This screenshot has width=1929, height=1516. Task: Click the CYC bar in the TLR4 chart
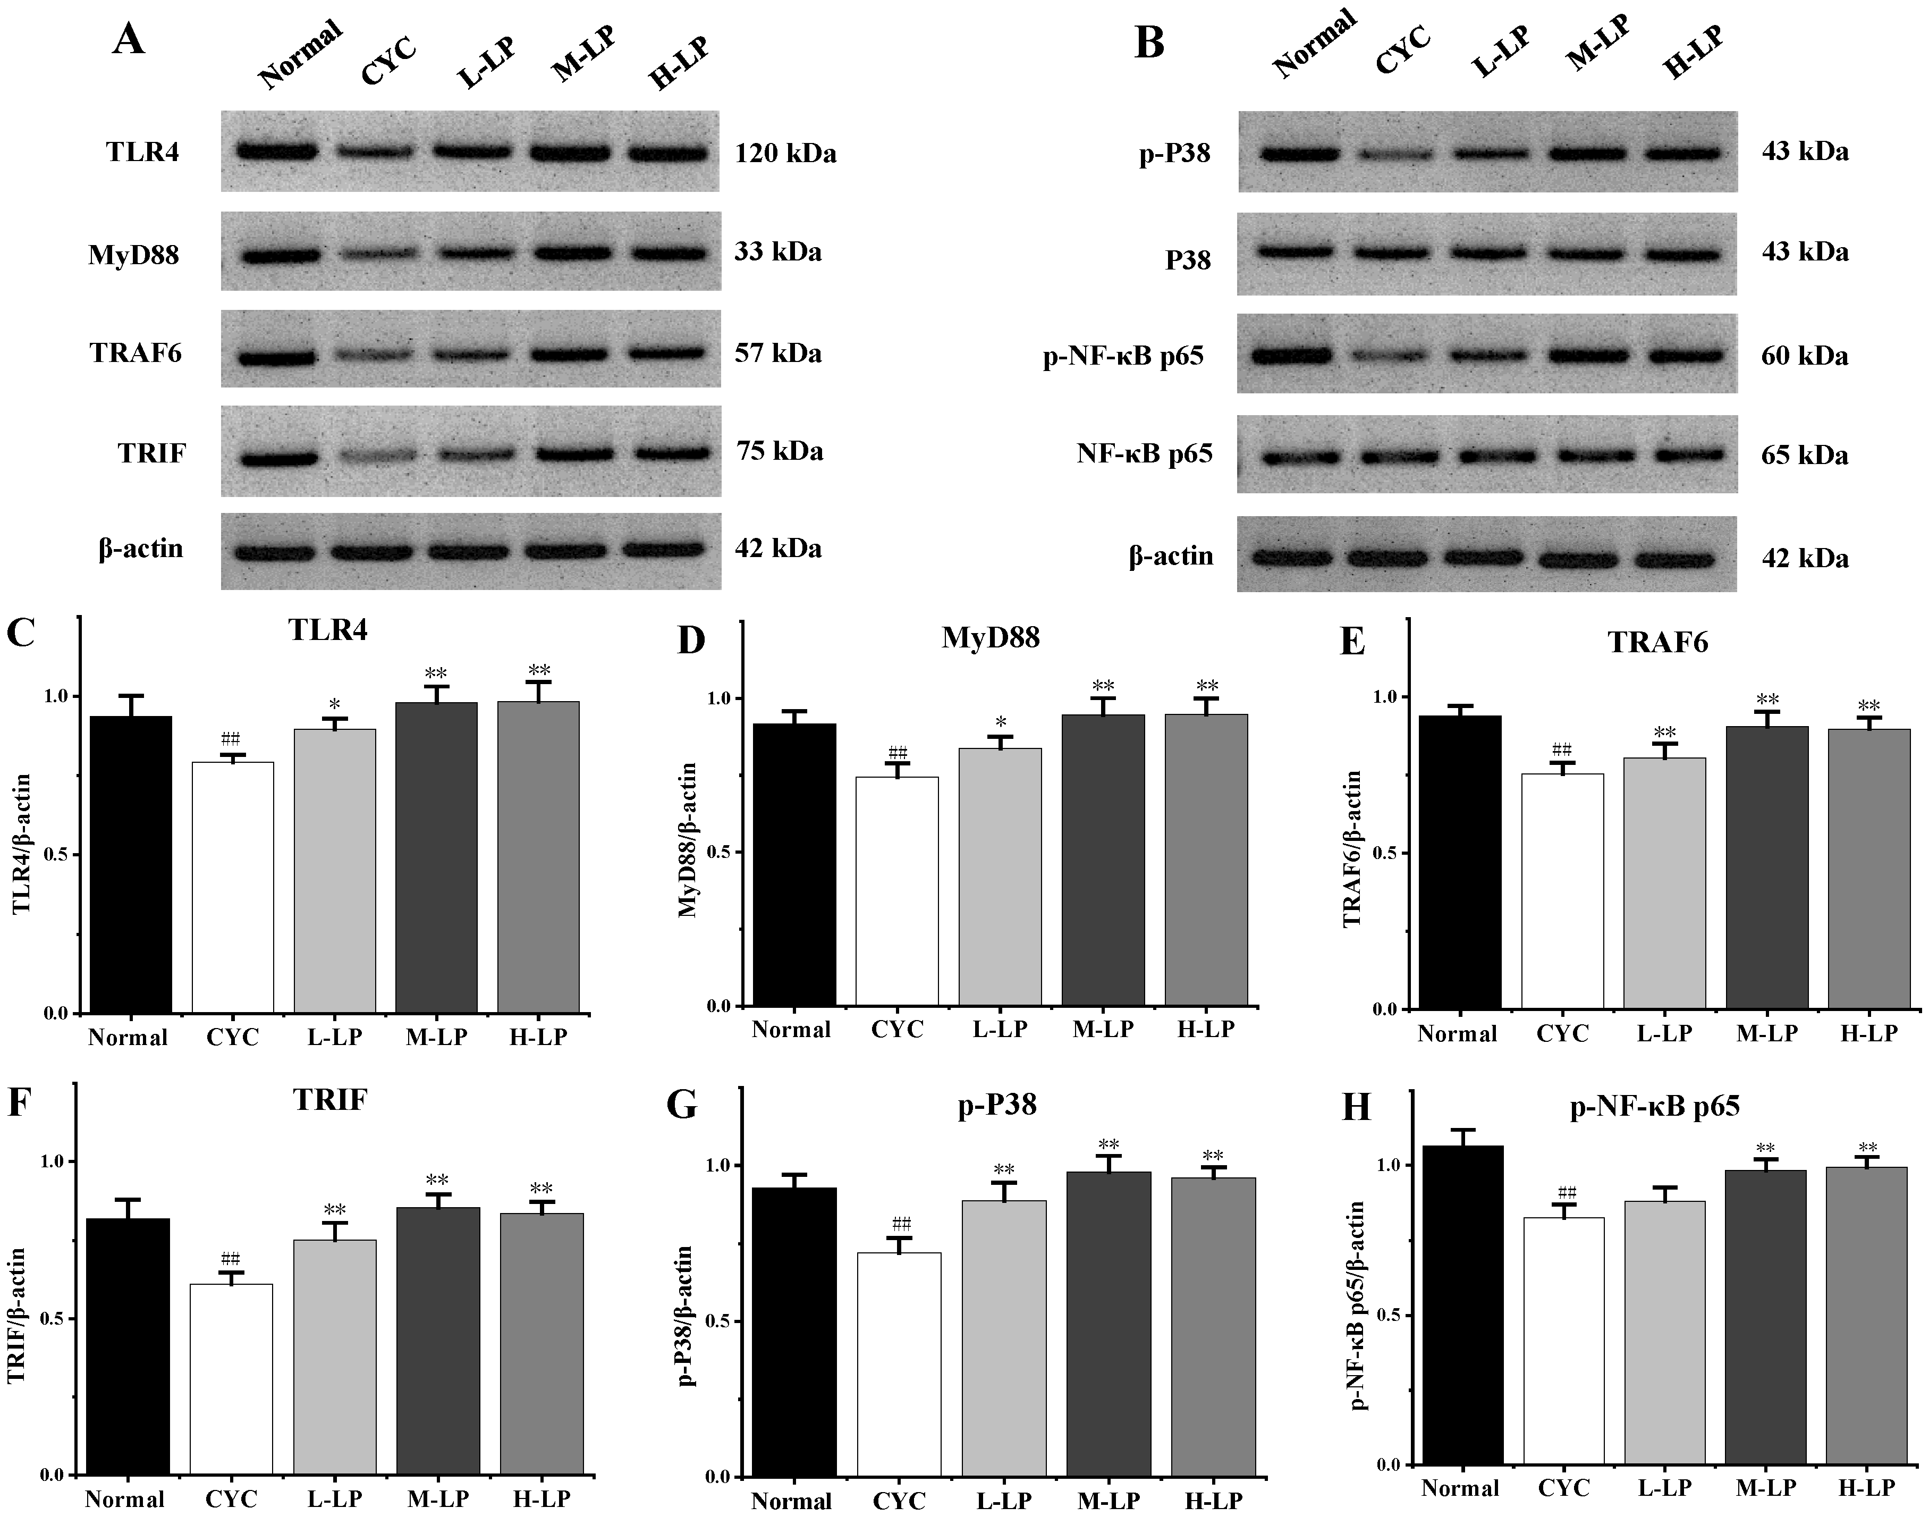232,888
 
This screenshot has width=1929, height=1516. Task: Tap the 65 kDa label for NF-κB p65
1804,456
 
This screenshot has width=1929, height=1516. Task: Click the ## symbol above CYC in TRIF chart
231,1259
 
